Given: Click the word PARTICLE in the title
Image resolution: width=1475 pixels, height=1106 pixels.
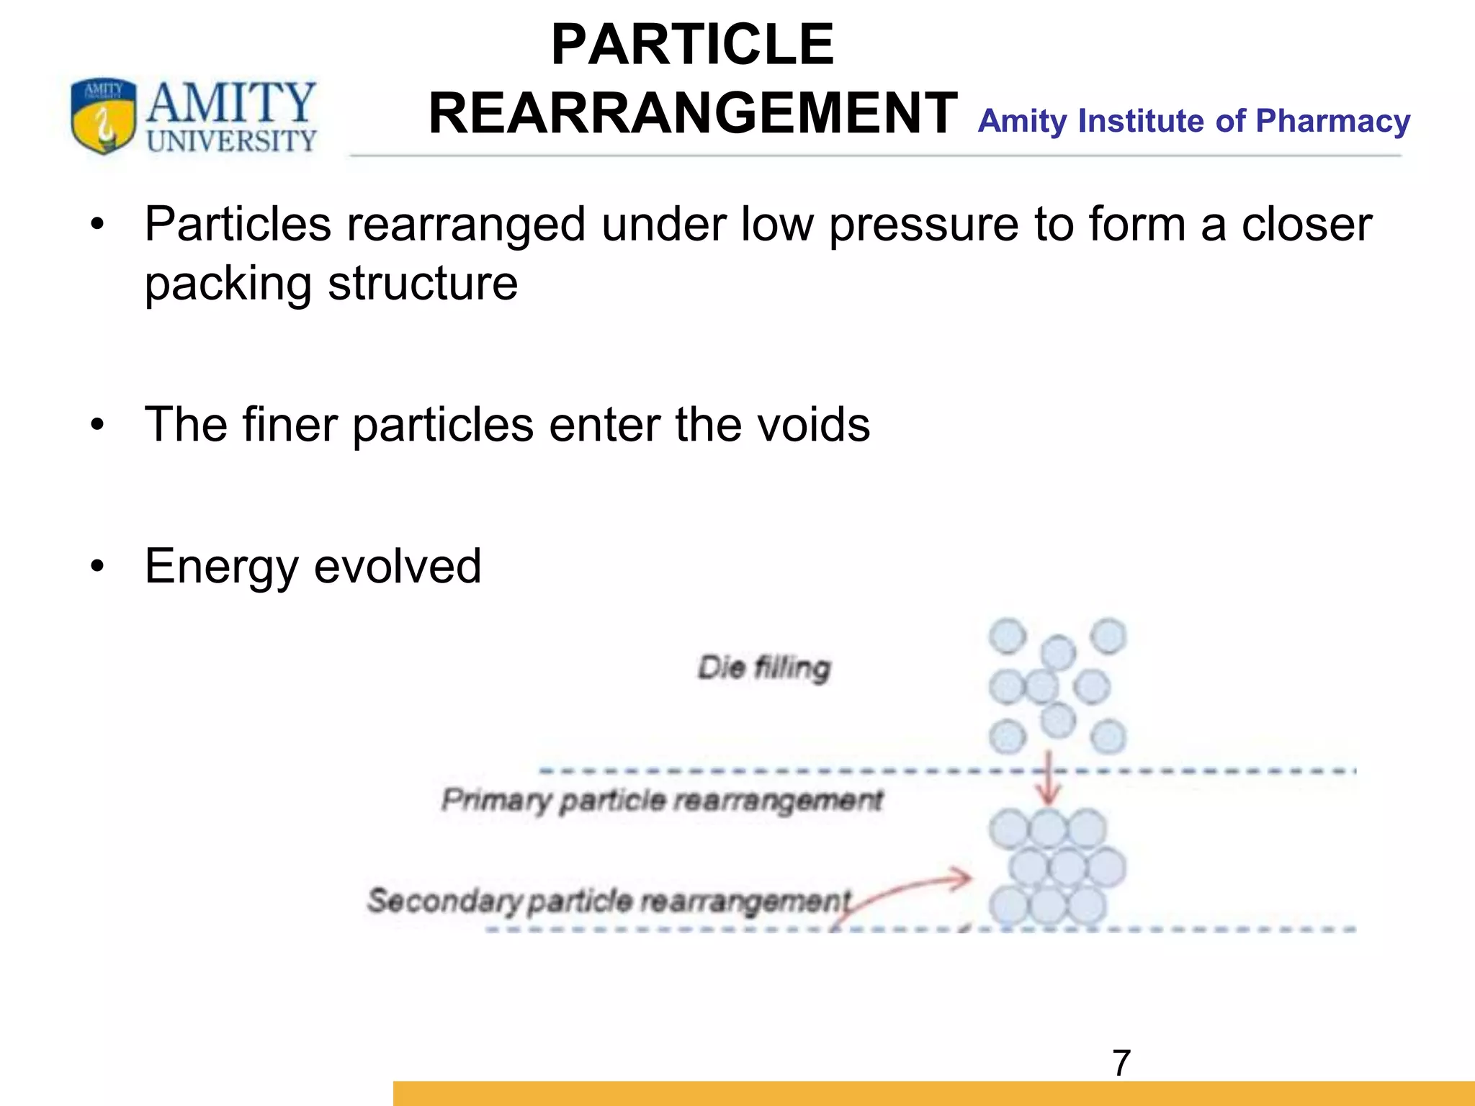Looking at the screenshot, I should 692,45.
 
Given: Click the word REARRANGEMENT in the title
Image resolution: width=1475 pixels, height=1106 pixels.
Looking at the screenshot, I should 692,114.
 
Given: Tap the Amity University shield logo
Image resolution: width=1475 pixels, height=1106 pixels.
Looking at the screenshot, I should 103,115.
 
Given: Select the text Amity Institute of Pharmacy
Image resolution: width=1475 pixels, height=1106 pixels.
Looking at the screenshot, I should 1193,121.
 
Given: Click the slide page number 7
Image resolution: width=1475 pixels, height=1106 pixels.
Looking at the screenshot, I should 1121,1063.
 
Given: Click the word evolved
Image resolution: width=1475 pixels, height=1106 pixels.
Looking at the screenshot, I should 398,567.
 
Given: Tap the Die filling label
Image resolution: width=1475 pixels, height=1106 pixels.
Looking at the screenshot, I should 764,667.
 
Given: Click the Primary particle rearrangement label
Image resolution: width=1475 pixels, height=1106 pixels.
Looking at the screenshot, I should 662,800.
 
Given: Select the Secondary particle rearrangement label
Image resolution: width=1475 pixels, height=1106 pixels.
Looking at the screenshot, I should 609,901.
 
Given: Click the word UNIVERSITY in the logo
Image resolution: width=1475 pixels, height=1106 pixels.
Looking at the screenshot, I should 231,141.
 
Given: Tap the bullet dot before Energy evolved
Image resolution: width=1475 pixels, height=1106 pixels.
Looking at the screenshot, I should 97,567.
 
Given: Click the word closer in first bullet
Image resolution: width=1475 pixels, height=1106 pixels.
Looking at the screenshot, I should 1306,225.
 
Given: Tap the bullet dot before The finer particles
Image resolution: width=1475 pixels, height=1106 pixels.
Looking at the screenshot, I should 97,425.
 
